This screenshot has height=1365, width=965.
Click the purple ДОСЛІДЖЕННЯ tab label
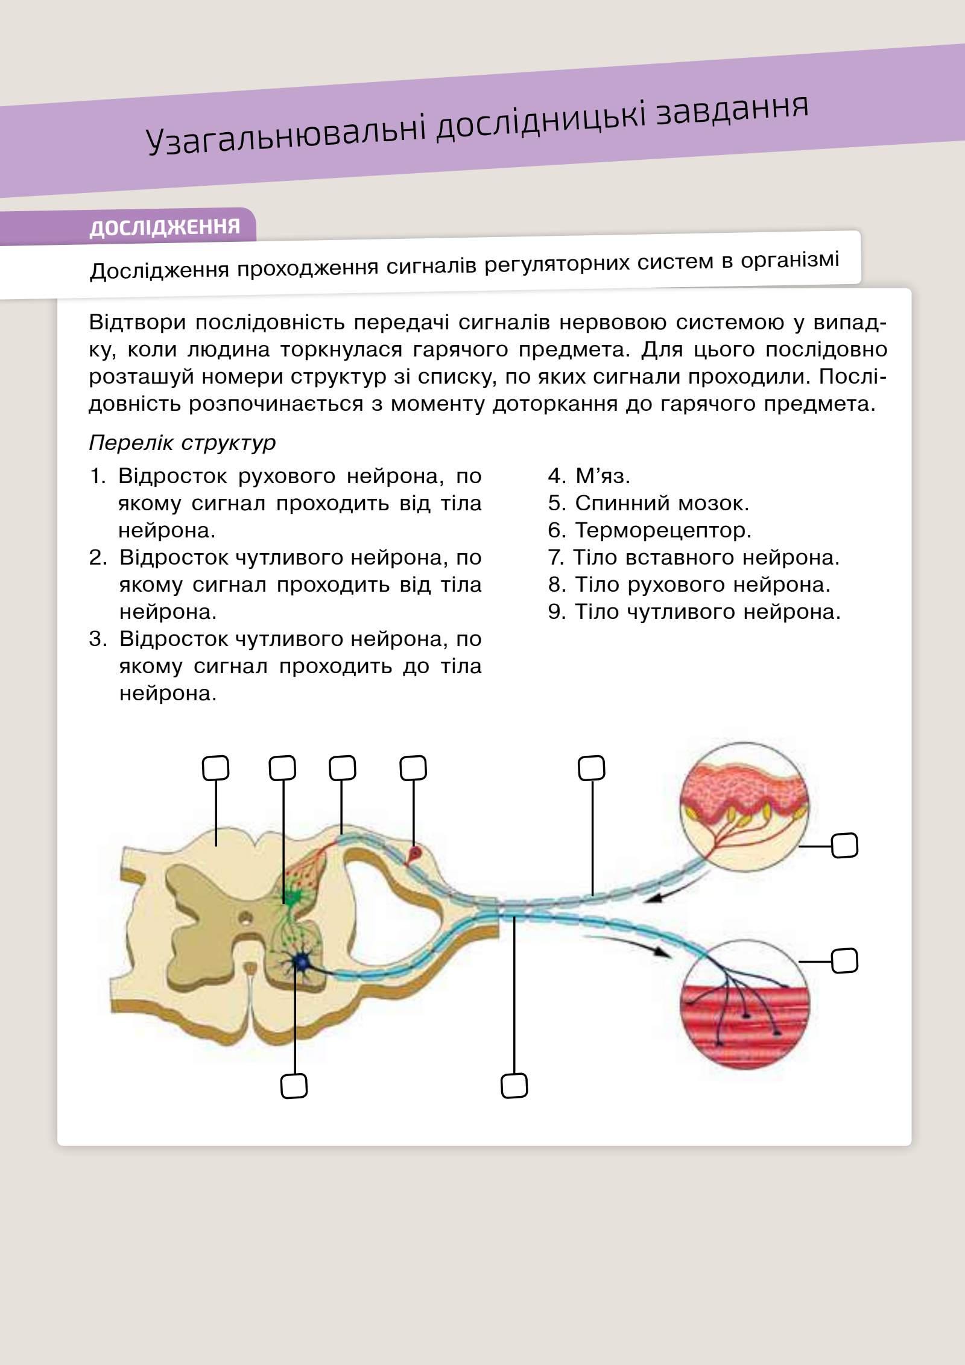point(165,227)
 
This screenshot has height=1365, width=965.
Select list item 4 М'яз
point(589,477)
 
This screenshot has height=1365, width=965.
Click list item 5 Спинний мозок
point(648,503)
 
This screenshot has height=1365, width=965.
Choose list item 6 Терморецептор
point(650,530)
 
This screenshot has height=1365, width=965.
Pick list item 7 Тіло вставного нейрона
point(694,557)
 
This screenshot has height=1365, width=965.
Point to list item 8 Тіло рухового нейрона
point(689,584)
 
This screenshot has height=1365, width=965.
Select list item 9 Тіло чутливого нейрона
point(694,612)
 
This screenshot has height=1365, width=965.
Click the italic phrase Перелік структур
point(182,443)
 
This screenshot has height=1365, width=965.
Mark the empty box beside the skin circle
point(844,846)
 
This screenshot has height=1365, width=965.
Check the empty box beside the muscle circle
point(844,961)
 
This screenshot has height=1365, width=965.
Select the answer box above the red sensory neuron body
point(413,768)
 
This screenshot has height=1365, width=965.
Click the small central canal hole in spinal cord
point(245,919)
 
